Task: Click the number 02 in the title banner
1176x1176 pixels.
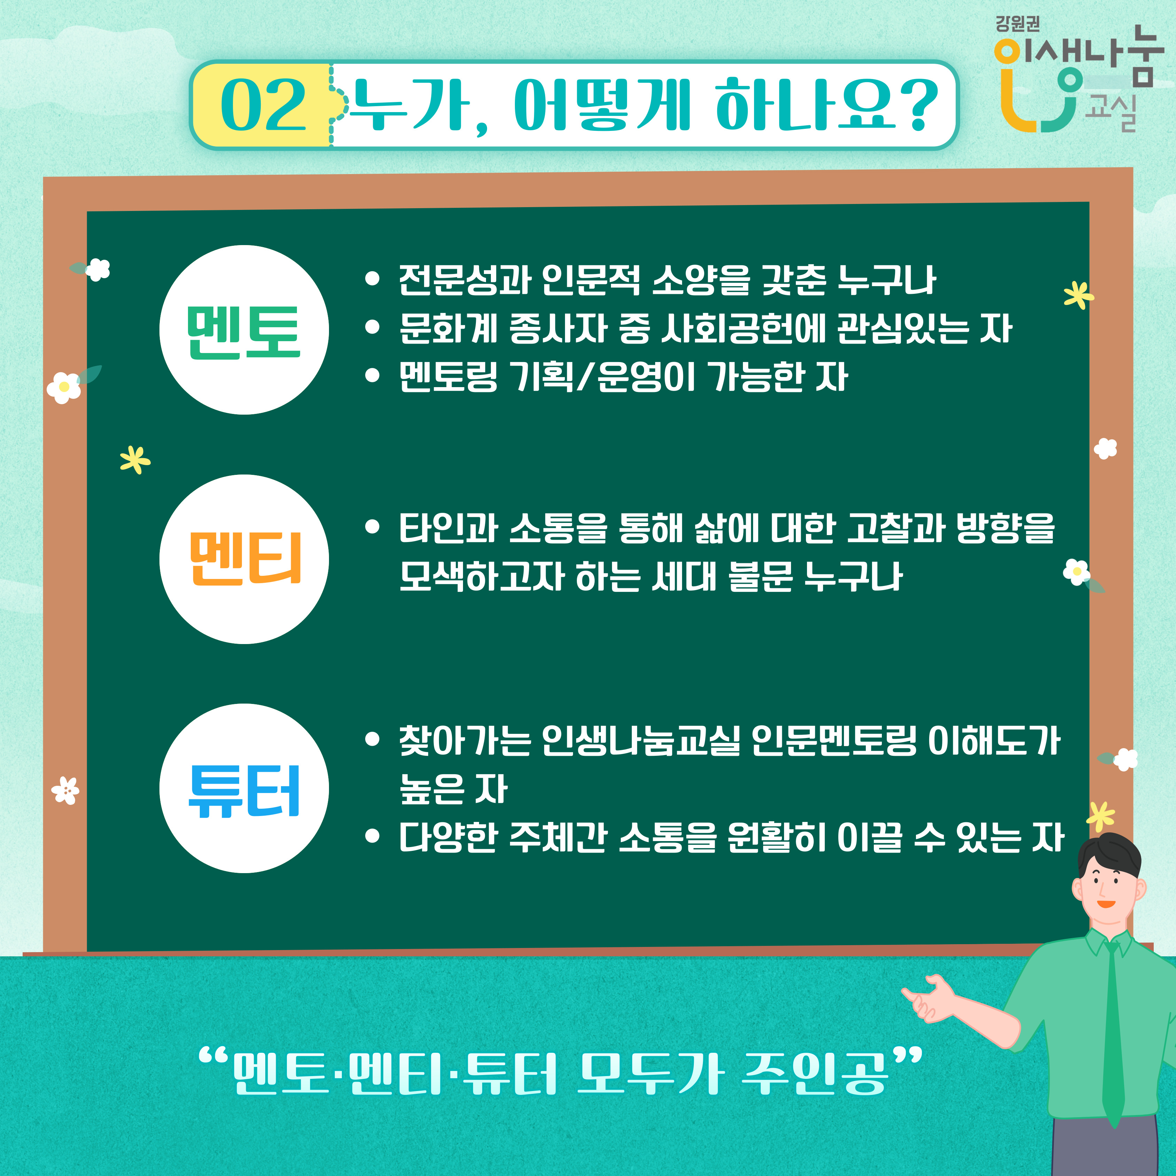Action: point(263,105)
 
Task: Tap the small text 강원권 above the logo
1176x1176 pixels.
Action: point(1018,24)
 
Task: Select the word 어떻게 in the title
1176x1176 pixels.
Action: point(603,105)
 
